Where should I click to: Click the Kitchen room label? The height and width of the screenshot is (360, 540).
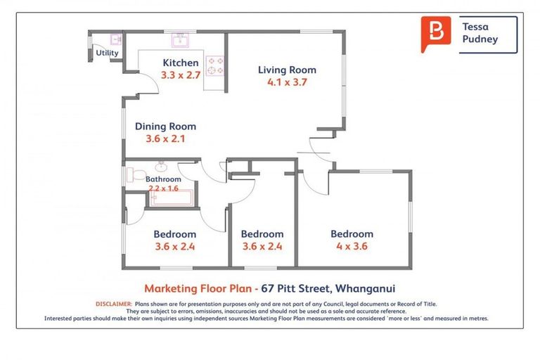181,63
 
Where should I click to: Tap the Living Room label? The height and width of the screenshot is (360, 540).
287,70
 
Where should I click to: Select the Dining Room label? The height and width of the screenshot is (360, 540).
165,127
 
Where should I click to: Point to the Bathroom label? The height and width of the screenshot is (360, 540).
163,179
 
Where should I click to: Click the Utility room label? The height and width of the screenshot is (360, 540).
108,53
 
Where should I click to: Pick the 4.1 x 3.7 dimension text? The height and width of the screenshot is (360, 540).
287,82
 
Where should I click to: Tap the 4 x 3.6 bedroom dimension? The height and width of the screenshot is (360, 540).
352,246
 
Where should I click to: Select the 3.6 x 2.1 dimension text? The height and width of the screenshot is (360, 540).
165,139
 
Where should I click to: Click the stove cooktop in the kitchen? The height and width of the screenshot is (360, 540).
216,65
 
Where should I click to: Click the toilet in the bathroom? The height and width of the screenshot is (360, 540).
136,174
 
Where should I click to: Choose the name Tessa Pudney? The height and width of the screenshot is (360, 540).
480,33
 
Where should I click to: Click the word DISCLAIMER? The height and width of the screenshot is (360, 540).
113,304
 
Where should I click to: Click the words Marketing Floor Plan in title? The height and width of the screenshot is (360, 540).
197,288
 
